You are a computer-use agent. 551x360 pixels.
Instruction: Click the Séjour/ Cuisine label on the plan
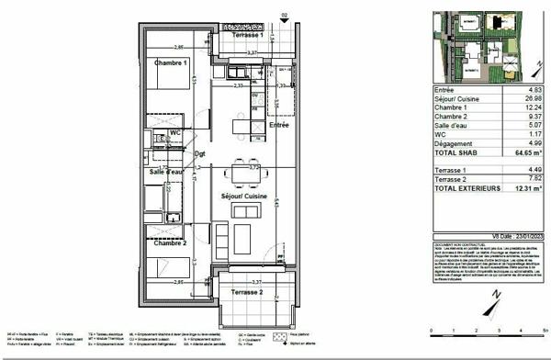coord(242,196)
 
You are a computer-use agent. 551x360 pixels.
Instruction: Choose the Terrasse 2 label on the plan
coord(250,291)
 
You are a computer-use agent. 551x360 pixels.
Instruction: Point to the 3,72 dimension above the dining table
coord(241,166)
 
